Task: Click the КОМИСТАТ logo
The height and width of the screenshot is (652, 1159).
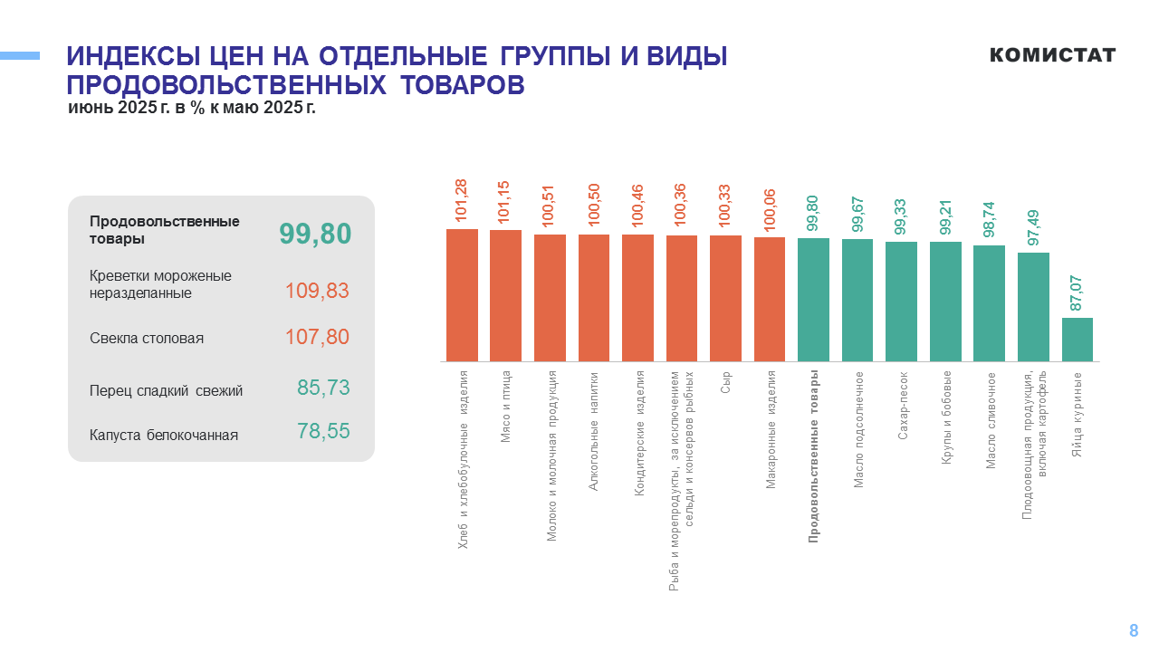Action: point(1052,55)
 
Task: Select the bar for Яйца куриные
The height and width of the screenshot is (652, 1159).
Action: point(1077,340)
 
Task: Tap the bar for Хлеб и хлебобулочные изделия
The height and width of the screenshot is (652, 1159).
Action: point(462,295)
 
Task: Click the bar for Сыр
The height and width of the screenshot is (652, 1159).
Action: point(725,299)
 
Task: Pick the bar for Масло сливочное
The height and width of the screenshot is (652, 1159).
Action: point(989,303)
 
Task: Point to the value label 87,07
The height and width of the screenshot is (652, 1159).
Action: point(1077,292)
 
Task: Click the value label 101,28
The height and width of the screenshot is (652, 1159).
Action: point(462,200)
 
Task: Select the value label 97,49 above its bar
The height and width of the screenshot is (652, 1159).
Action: point(1033,225)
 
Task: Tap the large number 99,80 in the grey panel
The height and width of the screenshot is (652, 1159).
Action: point(314,234)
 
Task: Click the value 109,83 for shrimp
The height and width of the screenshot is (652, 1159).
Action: point(317,291)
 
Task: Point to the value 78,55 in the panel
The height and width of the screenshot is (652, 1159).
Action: point(323,431)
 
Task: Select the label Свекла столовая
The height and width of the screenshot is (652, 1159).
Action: point(147,339)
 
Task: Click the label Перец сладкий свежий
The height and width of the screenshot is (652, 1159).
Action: point(166,391)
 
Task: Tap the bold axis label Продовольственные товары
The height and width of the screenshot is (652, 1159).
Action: point(813,455)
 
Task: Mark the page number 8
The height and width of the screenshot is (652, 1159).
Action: point(1134,631)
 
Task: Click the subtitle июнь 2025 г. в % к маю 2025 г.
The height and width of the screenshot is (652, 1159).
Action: point(192,108)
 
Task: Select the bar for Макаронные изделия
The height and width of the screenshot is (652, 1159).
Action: point(770,300)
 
